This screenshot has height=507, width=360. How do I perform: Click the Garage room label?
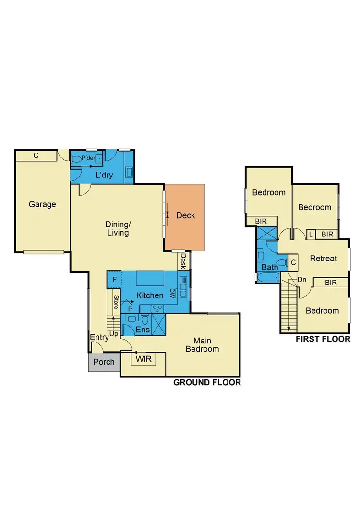(x=42, y=204)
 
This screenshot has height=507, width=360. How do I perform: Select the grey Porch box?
(x=104, y=362)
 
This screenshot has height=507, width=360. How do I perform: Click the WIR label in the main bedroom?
(x=144, y=359)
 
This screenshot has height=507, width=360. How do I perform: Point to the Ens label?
(x=143, y=330)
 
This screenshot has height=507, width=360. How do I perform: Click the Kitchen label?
(x=150, y=295)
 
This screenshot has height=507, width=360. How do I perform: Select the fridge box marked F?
(x=114, y=279)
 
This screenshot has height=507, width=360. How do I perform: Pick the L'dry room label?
(x=104, y=175)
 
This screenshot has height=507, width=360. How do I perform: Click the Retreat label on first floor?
(x=323, y=258)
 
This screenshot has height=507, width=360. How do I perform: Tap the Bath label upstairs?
(x=270, y=267)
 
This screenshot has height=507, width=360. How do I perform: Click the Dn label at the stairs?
(x=302, y=280)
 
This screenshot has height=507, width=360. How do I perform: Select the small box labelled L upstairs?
(x=311, y=234)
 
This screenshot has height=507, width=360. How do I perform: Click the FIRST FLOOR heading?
(x=323, y=339)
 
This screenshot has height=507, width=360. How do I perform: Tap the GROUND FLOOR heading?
(x=207, y=382)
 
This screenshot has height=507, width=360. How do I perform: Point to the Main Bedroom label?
(x=202, y=344)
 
